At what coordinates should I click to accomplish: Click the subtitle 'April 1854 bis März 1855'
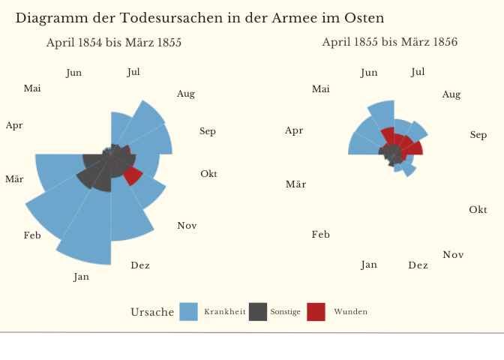[x=114, y=43]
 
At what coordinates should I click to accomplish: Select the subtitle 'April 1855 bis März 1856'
[x=390, y=42]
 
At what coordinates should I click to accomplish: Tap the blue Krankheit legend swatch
[x=189, y=311]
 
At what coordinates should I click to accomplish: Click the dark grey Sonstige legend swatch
[x=258, y=311]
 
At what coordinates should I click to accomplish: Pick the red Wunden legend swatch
[x=316, y=311]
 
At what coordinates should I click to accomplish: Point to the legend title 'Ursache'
[x=152, y=312]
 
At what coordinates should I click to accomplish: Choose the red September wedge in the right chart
[x=415, y=148]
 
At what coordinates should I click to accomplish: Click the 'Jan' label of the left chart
[x=81, y=277]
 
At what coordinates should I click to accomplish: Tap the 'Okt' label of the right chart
[x=478, y=209]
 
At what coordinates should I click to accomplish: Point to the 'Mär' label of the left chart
[x=13, y=179]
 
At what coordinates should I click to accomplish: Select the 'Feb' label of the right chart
[x=320, y=235]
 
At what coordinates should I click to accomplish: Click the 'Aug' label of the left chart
[x=186, y=94]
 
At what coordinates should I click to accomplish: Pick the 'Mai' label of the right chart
[x=320, y=89]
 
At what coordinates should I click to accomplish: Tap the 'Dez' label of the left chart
[x=140, y=265]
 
